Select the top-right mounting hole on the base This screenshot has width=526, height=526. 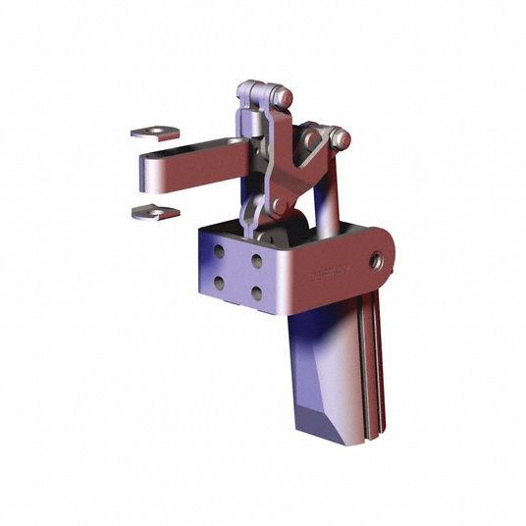tap(255, 262)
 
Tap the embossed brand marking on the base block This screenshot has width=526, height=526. tap(325, 274)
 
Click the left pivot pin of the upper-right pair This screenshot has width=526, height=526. tap(313, 140)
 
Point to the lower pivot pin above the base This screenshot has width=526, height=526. tap(279, 205)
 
